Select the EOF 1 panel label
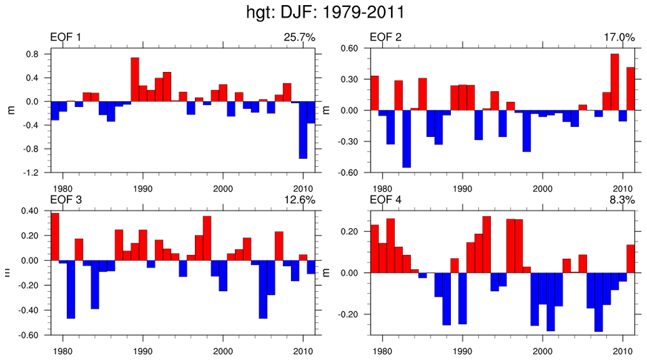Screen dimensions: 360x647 [x=66, y=38]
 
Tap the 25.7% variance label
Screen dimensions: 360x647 [x=299, y=38]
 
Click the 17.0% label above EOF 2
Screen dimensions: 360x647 [x=620, y=38]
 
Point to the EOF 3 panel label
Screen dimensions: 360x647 [x=66, y=200]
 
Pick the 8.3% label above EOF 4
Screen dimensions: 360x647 [x=623, y=200]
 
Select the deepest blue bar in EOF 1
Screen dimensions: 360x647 [x=303, y=130]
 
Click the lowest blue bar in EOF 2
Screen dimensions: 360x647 [x=406, y=139]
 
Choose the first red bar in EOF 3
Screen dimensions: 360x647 [x=55, y=236]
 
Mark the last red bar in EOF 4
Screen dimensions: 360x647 [x=630, y=259]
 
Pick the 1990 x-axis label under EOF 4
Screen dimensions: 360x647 [x=463, y=350]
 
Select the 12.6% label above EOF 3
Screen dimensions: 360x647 [x=299, y=200]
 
